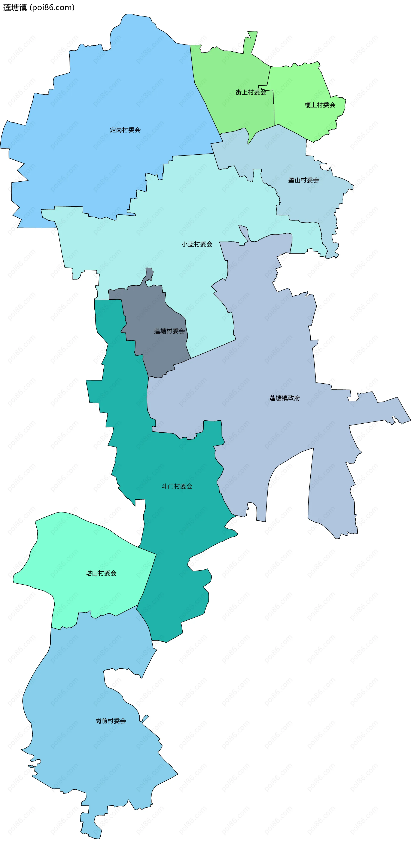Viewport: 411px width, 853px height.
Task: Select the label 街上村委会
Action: pyautogui.click(x=250, y=92)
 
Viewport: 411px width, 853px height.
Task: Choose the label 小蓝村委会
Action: pyautogui.click(x=197, y=244)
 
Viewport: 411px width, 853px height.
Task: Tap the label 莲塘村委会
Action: pyautogui.click(x=169, y=331)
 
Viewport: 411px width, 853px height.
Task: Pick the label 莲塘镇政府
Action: pyautogui.click(x=284, y=398)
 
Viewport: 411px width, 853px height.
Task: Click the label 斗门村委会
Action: pyautogui.click(x=177, y=486)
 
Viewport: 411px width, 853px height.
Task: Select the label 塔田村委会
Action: pyautogui.click(x=101, y=573)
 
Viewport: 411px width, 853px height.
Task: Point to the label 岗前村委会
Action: pyautogui.click(x=110, y=721)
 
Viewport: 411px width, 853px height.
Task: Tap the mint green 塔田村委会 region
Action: pyautogui.click(x=83, y=546)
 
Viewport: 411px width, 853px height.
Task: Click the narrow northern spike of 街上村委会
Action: pyautogui.click(x=251, y=40)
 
